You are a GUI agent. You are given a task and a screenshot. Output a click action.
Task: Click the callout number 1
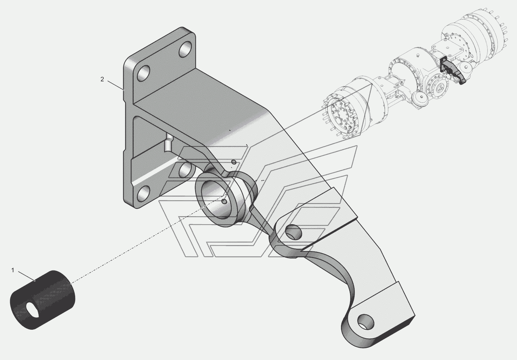coord(13,270)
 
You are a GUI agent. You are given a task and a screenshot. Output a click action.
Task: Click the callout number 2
coord(102,79)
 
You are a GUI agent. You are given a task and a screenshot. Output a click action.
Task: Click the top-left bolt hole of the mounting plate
coord(143,73)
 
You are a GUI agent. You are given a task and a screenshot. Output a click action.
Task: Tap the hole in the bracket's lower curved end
coord(365,322)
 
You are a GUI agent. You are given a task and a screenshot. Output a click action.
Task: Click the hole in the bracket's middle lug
coord(294,232)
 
